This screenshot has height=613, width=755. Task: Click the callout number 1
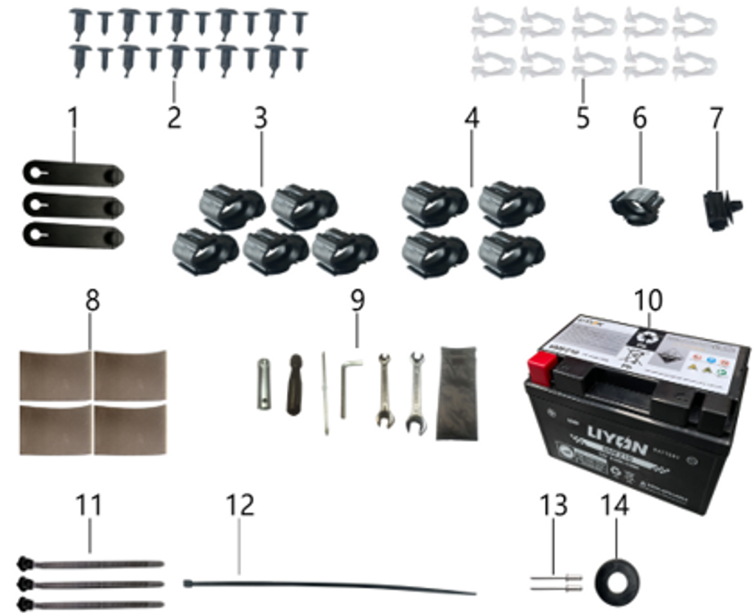click(x=72, y=118)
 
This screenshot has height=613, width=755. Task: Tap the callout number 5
click(x=583, y=118)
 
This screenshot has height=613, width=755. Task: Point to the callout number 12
click(x=240, y=505)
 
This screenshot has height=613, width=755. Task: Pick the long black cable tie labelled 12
click(x=332, y=586)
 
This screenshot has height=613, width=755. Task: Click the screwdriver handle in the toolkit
click(x=294, y=383)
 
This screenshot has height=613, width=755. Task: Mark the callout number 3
click(x=260, y=118)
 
